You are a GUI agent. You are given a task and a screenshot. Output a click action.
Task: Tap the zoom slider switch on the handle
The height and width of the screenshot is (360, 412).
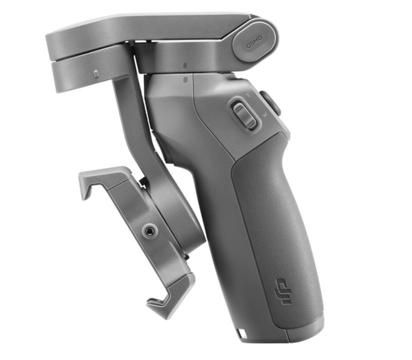244,115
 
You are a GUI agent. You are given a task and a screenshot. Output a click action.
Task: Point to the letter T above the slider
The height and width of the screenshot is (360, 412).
248,95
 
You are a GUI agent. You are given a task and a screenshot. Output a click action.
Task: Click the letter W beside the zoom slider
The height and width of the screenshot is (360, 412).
265,115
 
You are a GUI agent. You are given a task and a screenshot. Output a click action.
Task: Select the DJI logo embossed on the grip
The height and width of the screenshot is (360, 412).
283,288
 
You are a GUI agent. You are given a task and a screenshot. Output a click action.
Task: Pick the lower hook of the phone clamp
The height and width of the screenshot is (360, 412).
171,294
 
